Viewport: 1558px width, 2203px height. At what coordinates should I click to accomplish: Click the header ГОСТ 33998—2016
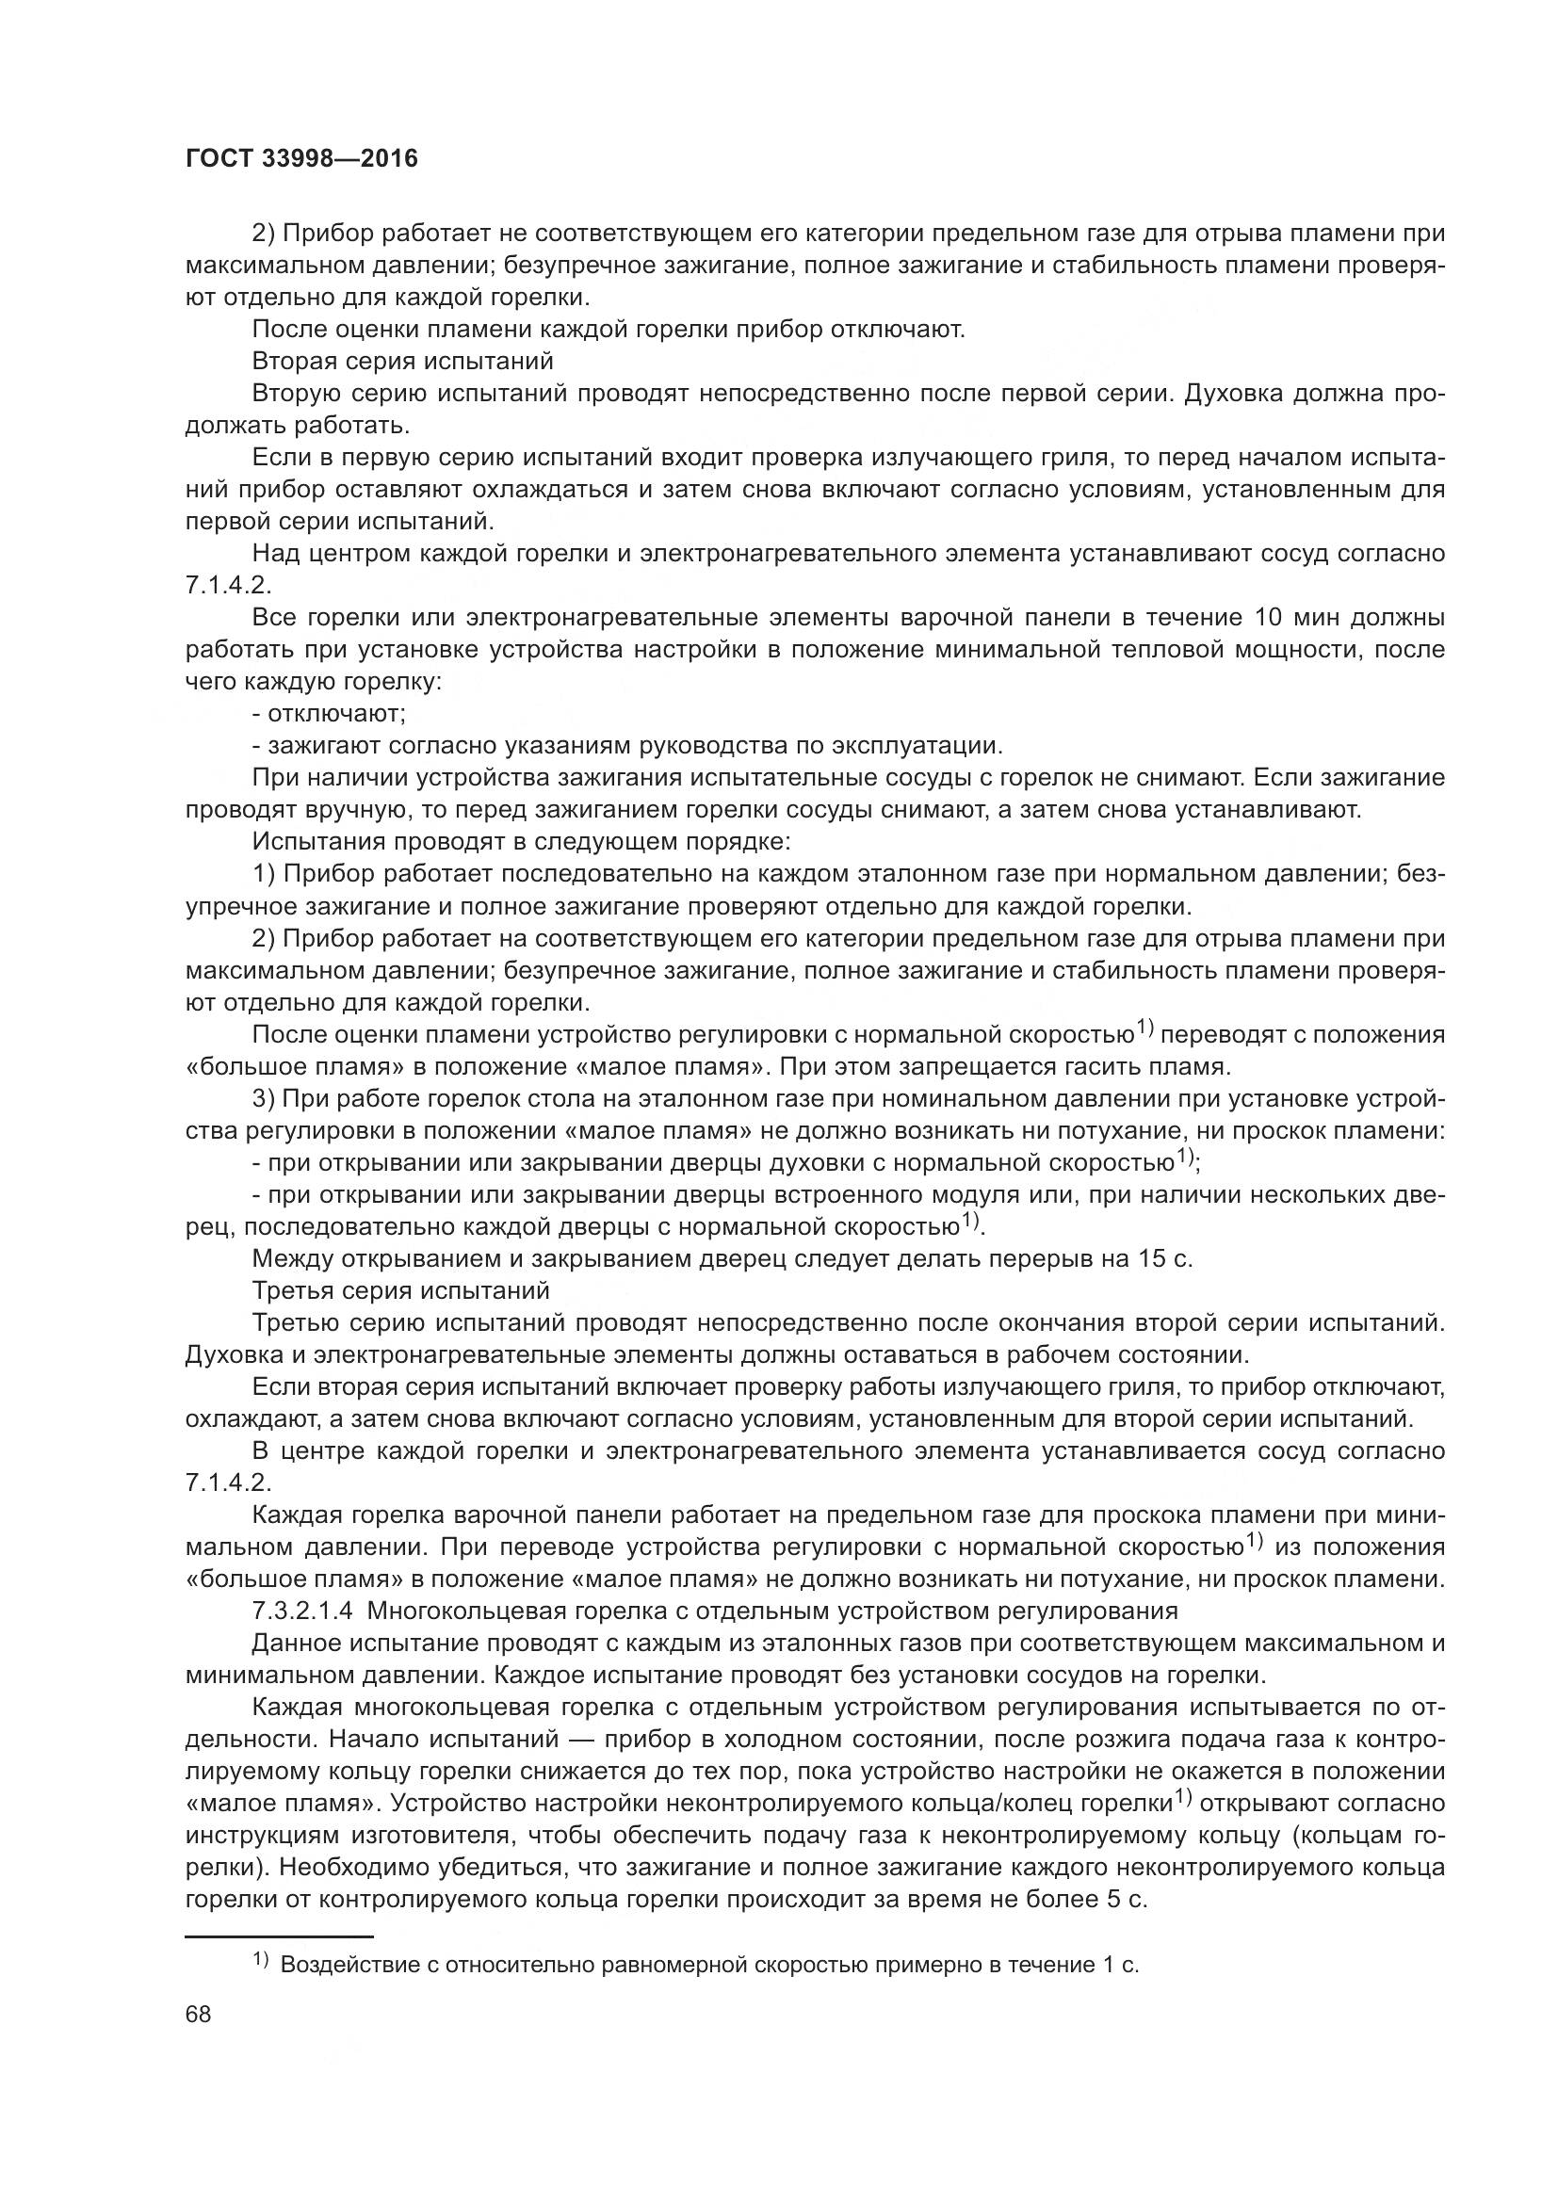coord(301,158)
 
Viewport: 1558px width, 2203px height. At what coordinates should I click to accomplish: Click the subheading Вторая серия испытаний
coord(403,361)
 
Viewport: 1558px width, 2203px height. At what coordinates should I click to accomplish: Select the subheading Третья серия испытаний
coord(401,1290)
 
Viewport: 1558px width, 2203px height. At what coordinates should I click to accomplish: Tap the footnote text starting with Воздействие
coord(709,1963)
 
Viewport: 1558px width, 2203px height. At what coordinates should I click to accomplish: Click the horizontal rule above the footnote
coord(278,1936)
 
